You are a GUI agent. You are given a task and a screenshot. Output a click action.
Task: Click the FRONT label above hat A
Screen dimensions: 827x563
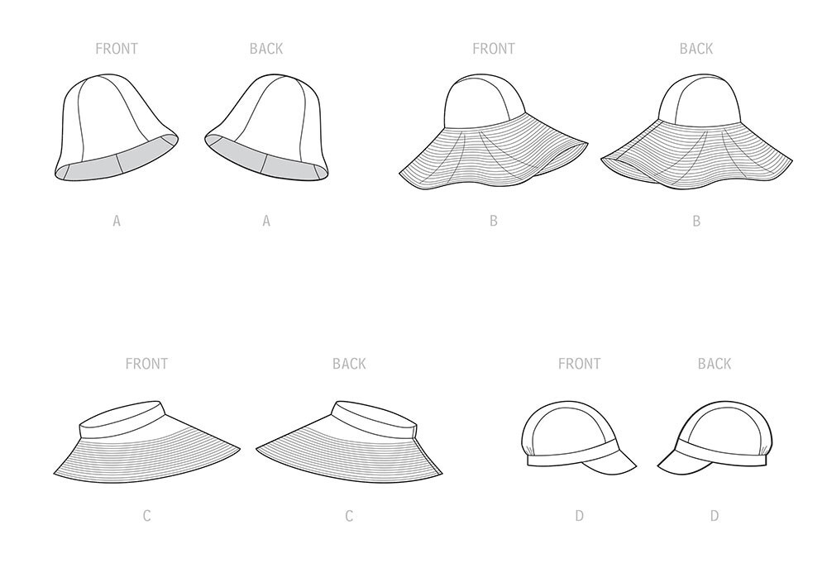[x=117, y=49]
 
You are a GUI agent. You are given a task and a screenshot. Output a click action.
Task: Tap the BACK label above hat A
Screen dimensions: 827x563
[x=266, y=49]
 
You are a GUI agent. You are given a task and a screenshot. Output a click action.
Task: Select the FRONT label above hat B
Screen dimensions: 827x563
[x=493, y=49]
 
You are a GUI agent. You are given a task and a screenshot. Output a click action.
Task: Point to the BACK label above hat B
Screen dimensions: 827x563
[x=696, y=49]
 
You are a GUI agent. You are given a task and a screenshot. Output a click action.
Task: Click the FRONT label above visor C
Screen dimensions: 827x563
[x=146, y=364]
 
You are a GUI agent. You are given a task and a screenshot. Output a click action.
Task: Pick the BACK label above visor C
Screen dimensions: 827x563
[x=349, y=364]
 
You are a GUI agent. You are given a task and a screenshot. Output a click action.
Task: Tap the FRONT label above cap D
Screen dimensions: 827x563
[x=579, y=364]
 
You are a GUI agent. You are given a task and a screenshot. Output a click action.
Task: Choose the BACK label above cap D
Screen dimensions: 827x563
[x=714, y=364]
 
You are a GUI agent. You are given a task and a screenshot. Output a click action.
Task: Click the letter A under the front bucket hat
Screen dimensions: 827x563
[x=117, y=221]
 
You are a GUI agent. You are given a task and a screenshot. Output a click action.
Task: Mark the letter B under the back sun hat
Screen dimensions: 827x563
[x=696, y=221]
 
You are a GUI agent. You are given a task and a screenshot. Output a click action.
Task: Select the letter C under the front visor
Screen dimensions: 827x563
[x=146, y=516]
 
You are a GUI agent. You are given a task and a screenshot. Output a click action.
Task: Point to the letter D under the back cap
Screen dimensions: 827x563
[x=714, y=516]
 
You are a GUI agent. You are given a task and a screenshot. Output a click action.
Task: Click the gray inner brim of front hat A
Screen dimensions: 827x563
[x=91, y=169]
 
